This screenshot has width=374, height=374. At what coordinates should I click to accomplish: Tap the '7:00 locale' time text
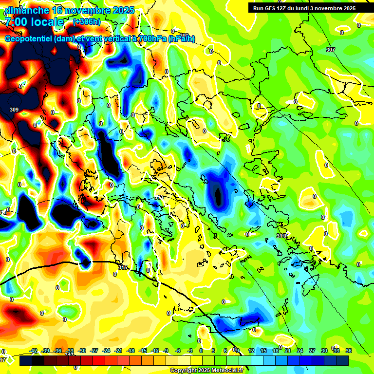pyautogui.click(x=35, y=22)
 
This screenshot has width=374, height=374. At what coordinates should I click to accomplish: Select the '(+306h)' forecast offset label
pyautogui.click(x=87, y=21)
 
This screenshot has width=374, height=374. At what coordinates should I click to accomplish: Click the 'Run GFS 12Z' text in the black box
pyautogui.click(x=273, y=8)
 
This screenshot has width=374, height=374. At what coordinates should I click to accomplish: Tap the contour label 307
pyautogui.click(x=331, y=50)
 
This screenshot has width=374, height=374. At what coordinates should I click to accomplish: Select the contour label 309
pyautogui.click(x=14, y=110)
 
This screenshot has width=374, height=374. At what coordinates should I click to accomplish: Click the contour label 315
pyautogui.click(x=123, y=267)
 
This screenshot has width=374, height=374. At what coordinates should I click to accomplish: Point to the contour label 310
pyautogui.click(x=281, y=236)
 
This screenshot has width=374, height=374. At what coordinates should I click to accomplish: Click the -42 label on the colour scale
pyautogui.click(x=34, y=351)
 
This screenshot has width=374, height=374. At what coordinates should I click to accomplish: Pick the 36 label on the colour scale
pyautogui.click(x=349, y=351)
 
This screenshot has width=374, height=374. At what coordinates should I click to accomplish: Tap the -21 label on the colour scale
pyautogui.click(x=118, y=351)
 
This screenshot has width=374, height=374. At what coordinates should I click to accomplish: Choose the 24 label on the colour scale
pyautogui.click(x=299, y=351)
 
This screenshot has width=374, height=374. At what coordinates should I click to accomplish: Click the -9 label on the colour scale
pyautogui.click(x=166, y=351)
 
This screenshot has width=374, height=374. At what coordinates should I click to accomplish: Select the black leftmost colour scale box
pyautogui.click(x=26, y=360)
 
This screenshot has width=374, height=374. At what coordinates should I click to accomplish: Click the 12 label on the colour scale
pyautogui.click(x=251, y=351)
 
